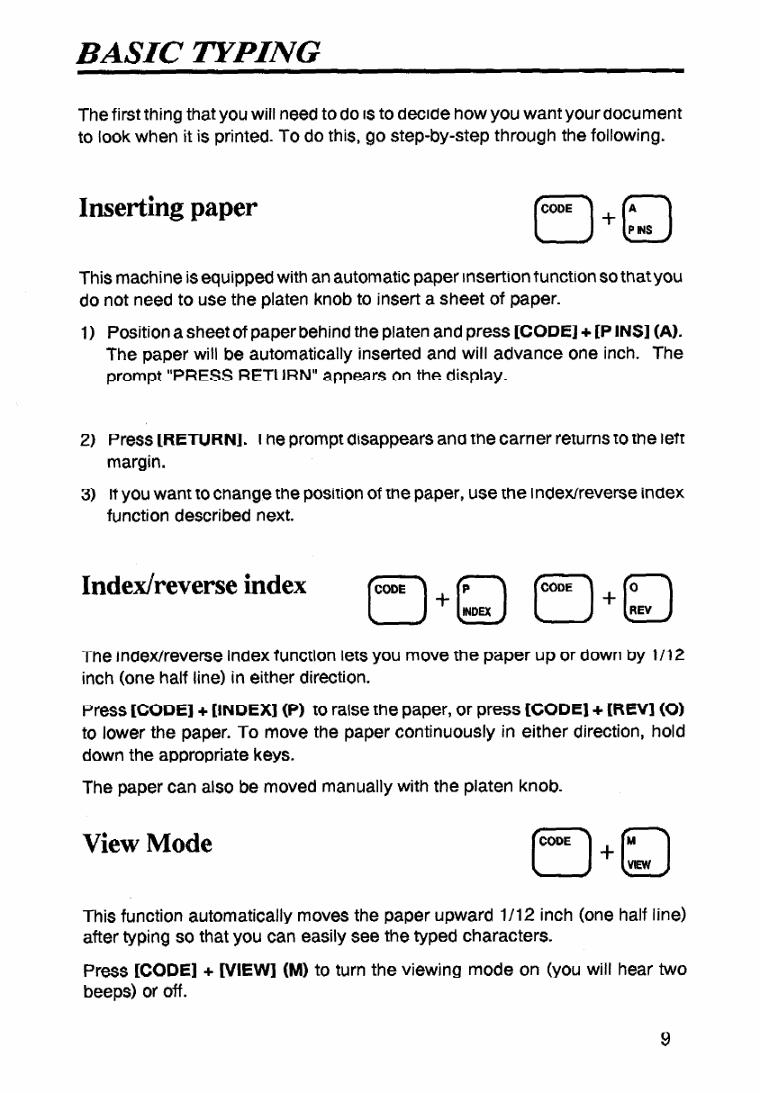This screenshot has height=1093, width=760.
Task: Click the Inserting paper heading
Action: (169, 208)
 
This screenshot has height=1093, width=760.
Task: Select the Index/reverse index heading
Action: (194, 585)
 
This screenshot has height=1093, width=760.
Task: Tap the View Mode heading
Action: (148, 844)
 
